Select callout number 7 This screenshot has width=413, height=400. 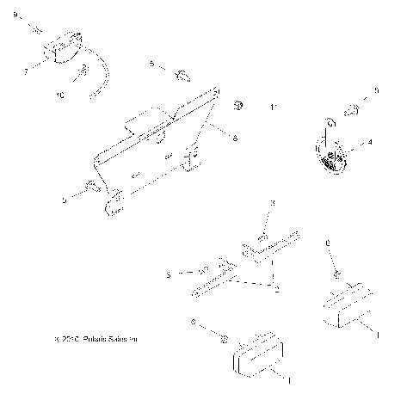26,71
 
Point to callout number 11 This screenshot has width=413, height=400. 274,108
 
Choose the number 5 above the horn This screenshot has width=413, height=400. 375,89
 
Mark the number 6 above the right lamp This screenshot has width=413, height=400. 328,244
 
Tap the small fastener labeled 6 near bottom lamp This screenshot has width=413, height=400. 221,336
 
